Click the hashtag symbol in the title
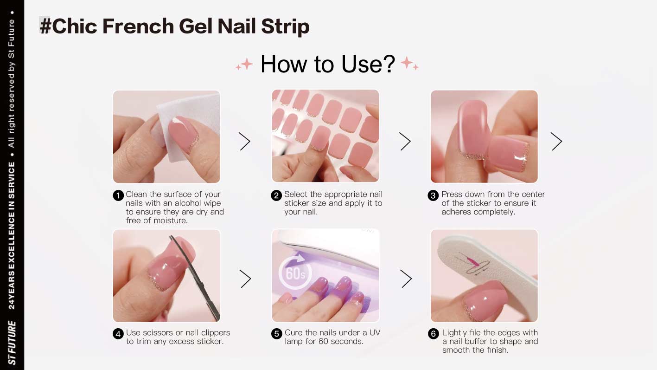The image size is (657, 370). [x=45, y=26]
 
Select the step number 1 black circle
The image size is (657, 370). [x=118, y=195]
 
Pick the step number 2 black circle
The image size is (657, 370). [x=276, y=195]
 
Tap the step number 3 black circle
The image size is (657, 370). [x=433, y=195]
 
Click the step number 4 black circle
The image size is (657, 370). [x=118, y=334]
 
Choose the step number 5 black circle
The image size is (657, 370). [x=277, y=334]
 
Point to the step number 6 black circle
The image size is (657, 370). [x=434, y=334]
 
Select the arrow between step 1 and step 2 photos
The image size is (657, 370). [x=245, y=142]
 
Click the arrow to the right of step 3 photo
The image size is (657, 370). [x=557, y=142]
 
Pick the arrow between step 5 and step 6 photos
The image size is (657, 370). [x=406, y=279]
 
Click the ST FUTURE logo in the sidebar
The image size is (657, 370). [x=12, y=343]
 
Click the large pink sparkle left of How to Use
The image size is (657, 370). [x=247, y=64]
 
